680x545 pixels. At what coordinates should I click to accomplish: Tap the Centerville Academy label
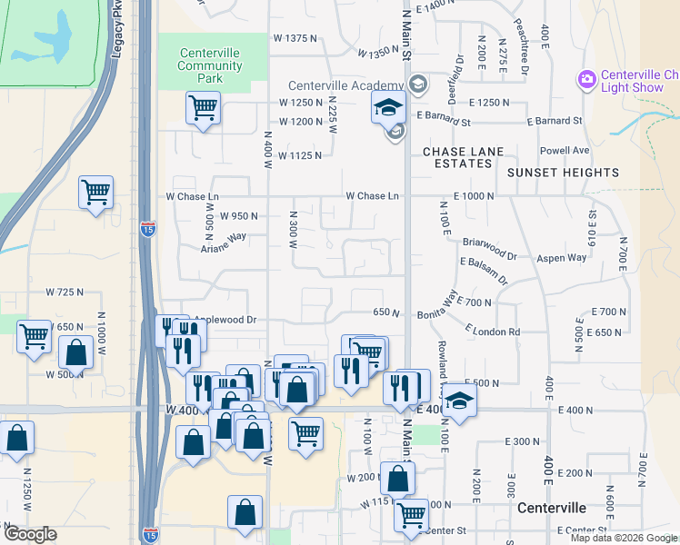tap(346, 85)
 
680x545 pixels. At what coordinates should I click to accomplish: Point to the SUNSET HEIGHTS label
tap(563, 172)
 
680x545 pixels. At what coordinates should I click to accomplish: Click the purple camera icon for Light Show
tap(586, 80)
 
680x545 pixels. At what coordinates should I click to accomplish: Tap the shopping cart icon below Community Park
tap(203, 108)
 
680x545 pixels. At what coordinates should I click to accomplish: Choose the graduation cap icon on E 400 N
tap(460, 399)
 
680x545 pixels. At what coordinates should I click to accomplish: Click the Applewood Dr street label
tap(228, 320)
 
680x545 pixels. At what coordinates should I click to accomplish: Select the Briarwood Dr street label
tap(488, 243)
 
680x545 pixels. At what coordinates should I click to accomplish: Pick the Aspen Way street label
tap(563, 258)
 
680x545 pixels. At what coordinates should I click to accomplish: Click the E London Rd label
tap(492, 332)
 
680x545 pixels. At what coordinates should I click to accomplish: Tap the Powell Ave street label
tap(565, 150)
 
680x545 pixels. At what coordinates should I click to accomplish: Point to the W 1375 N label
tap(295, 38)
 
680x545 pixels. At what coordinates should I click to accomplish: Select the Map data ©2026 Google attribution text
tap(624, 538)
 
